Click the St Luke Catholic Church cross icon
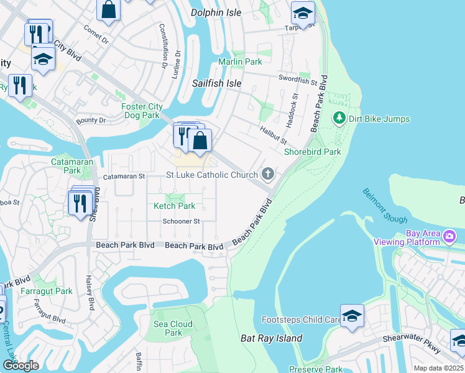click(x=268, y=173)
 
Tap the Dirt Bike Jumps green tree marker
click(x=339, y=117)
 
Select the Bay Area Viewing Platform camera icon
click(x=449, y=237)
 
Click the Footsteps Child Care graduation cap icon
click(x=352, y=316)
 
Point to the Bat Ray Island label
click(x=271, y=339)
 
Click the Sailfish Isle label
click(x=216, y=83)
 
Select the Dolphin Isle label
click(x=216, y=12)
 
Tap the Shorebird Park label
click(x=304, y=152)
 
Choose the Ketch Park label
click(x=175, y=206)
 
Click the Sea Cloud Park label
click(x=173, y=328)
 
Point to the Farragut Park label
click(x=55, y=291)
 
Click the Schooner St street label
click(x=181, y=221)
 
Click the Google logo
click(x=21, y=366)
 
